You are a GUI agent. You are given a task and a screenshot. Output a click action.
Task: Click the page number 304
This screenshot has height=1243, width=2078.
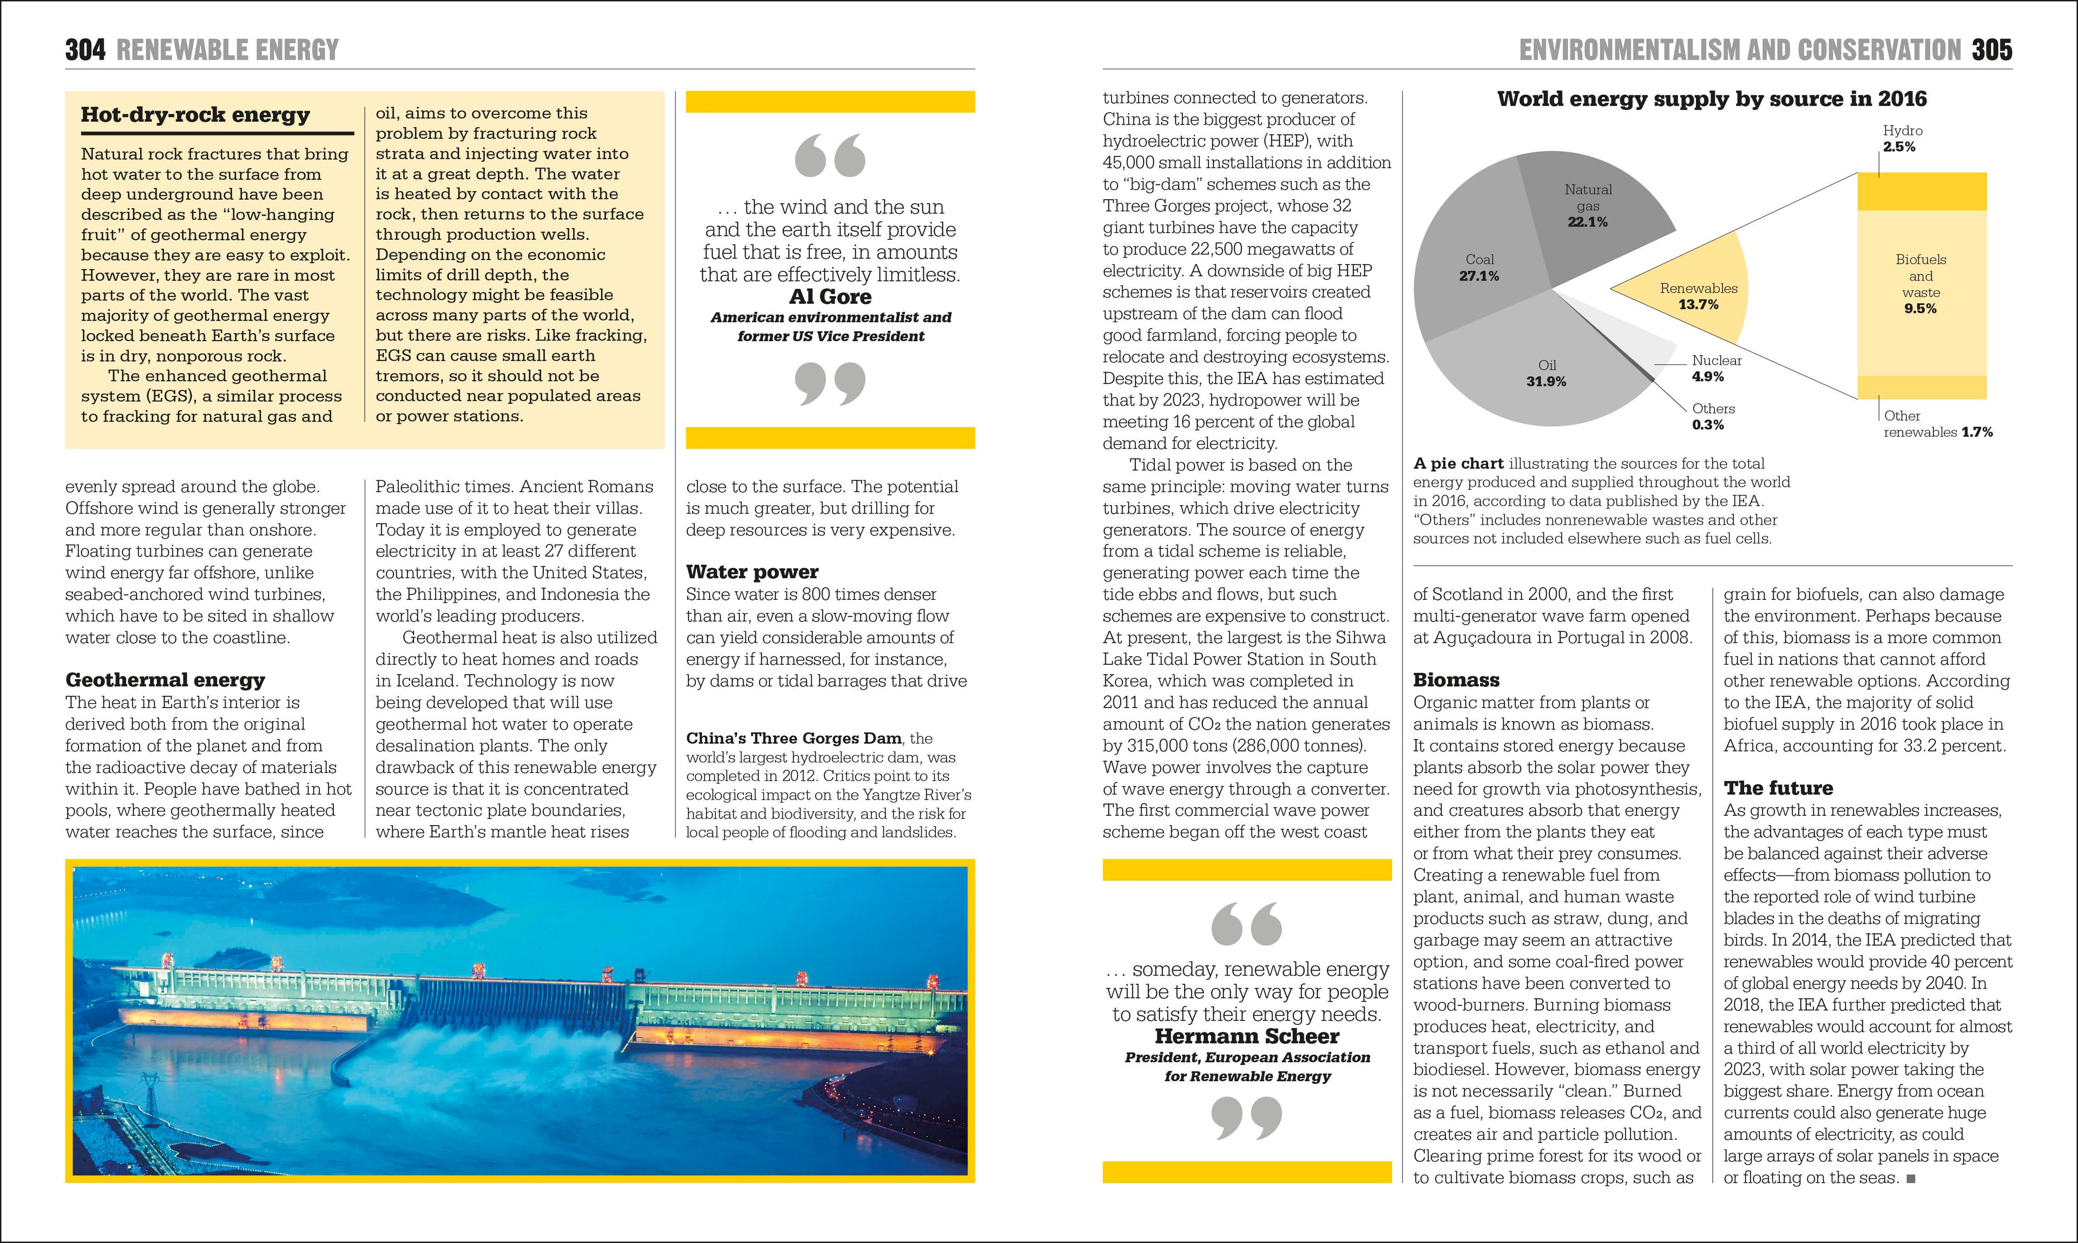(86, 50)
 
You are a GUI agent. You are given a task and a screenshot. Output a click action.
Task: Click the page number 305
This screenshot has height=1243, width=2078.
(1992, 50)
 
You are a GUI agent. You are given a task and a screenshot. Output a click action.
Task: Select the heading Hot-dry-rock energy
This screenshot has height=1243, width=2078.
(195, 115)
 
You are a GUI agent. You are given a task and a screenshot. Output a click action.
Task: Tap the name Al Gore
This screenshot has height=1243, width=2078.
(830, 297)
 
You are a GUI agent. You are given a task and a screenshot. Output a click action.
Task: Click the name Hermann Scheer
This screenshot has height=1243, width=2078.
(1247, 1036)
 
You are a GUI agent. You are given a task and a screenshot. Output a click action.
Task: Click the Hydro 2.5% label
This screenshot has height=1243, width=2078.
(1902, 138)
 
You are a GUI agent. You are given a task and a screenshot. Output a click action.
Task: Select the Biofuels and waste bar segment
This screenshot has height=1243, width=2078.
(1921, 285)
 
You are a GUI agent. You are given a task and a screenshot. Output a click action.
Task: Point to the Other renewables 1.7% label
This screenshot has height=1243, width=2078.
(1937, 424)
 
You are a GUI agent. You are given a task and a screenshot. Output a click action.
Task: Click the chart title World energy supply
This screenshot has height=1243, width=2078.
(1711, 99)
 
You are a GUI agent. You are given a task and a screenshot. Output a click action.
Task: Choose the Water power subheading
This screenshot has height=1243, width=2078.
(752, 572)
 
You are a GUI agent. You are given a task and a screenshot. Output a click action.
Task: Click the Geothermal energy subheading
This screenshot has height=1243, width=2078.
(165, 680)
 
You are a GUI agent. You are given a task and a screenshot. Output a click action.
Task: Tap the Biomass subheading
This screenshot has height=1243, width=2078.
(1456, 680)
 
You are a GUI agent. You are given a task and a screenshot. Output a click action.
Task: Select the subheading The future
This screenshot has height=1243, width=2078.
(1778, 788)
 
